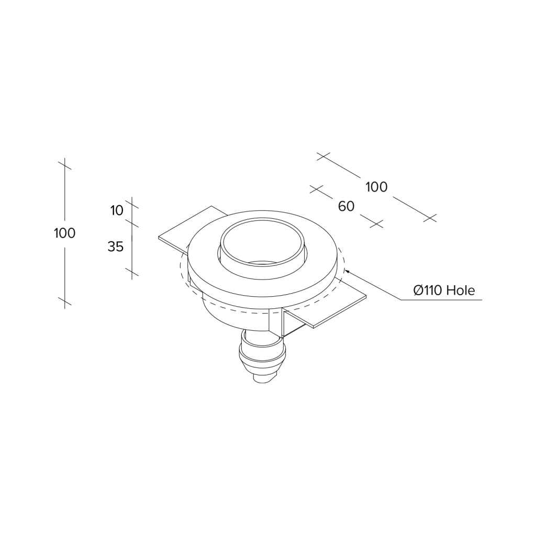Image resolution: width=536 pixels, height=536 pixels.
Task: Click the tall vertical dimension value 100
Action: [64, 233]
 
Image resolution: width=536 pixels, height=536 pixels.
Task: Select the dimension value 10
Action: [117, 210]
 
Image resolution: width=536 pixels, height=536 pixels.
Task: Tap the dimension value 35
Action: [116, 246]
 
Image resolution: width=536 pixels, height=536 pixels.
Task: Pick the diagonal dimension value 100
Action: [376, 187]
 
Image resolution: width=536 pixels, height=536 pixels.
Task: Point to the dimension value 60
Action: [347, 206]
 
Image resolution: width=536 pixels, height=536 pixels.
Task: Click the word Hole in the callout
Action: [461, 290]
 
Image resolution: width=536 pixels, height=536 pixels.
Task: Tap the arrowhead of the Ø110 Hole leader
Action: [347, 272]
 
